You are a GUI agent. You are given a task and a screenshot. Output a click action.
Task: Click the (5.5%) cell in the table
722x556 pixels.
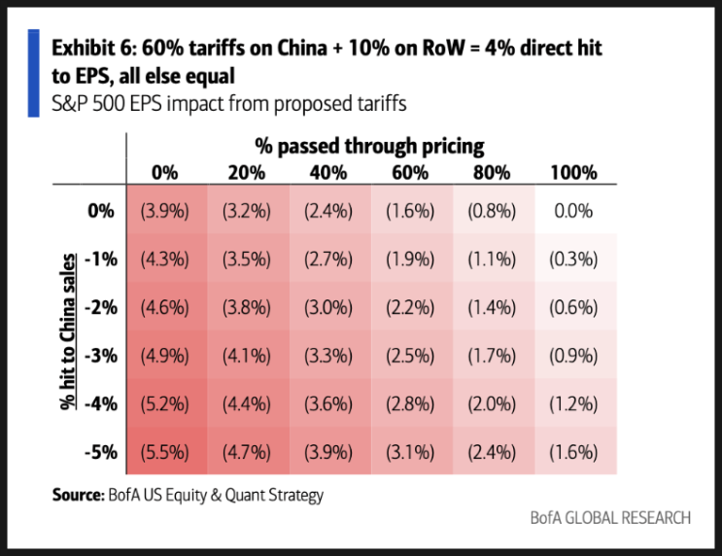pyautogui.click(x=165, y=452)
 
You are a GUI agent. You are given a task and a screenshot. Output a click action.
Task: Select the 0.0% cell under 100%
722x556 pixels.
pyautogui.click(x=573, y=211)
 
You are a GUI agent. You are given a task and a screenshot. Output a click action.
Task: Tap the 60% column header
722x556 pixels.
pyautogui.click(x=410, y=173)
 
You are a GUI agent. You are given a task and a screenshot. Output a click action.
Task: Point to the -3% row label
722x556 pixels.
pyautogui.click(x=101, y=356)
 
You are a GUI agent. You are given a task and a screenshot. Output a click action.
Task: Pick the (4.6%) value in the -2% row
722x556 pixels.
pyautogui.click(x=165, y=307)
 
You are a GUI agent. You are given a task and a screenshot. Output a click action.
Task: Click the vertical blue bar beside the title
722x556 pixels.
pyautogui.click(x=34, y=73)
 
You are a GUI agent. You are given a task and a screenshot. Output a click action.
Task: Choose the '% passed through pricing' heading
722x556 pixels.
pyautogui.click(x=369, y=147)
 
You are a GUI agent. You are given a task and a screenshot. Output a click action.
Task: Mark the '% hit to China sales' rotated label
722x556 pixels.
pyautogui.click(x=68, y=331)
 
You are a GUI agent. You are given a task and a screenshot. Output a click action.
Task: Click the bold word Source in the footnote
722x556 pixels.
pyautogui.click(x=79, y=495)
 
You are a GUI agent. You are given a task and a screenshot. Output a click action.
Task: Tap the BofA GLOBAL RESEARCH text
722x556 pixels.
pyautogui.click(x=610, y=518)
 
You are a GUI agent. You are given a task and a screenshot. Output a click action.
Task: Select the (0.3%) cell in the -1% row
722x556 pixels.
pyautogui.click(x=573, y=260)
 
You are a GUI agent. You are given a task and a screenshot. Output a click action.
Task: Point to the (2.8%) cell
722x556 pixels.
pyautogui.click(x=410, y=404)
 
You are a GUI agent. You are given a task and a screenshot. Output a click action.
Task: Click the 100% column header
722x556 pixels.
pyautogui.click(x=573, y=173)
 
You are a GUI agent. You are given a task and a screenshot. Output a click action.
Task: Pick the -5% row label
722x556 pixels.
pyautogui.click(x=101, y=452)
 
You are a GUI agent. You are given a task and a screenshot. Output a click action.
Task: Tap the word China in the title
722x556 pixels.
pyautogui.click(x=302, y=48)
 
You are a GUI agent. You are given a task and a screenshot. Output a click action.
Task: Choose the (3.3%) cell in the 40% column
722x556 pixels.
pyautogui.click(x=328, y=356)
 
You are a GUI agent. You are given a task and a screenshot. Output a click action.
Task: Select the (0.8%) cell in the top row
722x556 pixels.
pyautogui.click(x=492, y=211)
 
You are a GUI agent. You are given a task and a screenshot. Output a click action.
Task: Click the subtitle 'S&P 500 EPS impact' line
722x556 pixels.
pyautogui.click(x=229, y=104)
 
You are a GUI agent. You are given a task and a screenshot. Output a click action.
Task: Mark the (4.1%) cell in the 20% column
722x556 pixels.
pyautogui.click(x=247, y=356)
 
